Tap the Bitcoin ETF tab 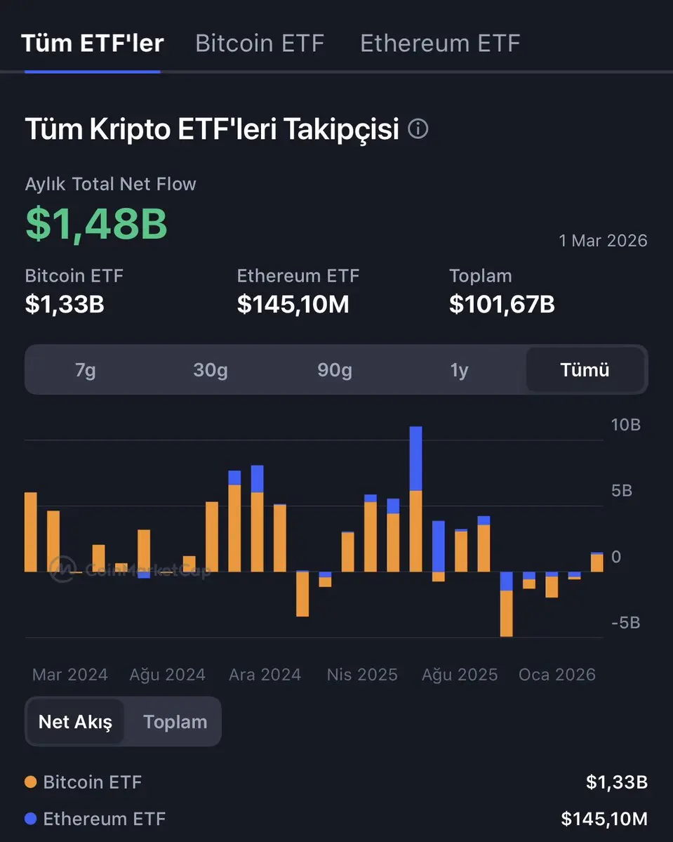point(260,43)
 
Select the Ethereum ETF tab point(440,43)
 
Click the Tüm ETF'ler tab point(93,43)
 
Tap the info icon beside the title point(418,129)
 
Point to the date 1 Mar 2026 point(603,241)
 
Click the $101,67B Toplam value point(502,304)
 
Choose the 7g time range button point(86,370)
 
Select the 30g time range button point(211,370)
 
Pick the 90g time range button point(335,370)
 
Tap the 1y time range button point(459,370)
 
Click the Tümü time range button point(585,370)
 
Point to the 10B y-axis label point(626,425)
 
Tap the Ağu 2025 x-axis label point(460,675)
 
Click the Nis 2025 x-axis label point(362,675)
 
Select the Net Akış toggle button point(75,722)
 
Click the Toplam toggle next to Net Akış point(175,722)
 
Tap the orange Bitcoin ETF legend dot point(30,782)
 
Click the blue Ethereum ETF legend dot point(30,819)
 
